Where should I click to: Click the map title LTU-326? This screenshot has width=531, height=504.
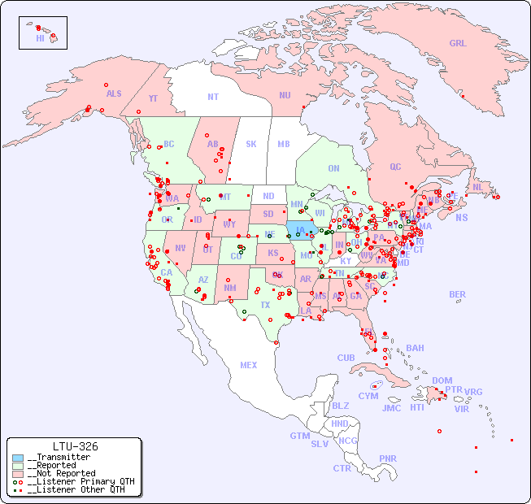[75, 446]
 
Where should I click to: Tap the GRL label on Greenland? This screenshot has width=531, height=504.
[458, 44]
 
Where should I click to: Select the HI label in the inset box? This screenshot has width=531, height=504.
[40, 38]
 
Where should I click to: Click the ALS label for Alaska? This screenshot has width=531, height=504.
[114, 93]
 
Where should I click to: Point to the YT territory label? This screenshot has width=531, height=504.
[153, 98]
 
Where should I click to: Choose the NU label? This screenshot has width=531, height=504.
[285, 95]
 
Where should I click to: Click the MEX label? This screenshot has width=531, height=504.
[249, 365]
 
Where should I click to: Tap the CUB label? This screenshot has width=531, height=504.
[346, 358]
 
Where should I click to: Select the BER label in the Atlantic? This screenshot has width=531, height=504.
[458, 294]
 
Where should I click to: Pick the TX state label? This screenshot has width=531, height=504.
[265, 305]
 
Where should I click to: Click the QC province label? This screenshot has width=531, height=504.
[395, 167]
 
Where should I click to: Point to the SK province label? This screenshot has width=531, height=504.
[251, 144]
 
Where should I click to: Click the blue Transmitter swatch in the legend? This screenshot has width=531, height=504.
[17, 458]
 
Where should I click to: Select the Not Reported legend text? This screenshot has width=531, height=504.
[61, 473]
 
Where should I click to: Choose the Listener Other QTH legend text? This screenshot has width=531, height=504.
[76, 489]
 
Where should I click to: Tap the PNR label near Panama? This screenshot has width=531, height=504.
[388, 458]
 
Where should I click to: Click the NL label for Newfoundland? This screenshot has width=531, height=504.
[477, 187]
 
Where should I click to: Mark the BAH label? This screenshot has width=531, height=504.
[415, 348]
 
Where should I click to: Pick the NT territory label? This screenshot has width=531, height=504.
[213, 97]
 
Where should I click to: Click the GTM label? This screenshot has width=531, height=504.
[300, 436]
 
